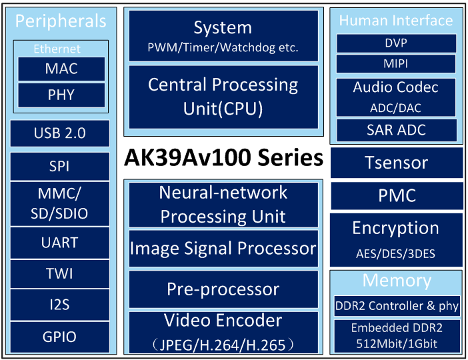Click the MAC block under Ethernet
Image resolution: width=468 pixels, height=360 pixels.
pos(61,69)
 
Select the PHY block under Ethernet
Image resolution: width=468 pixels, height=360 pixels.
pos(61,95)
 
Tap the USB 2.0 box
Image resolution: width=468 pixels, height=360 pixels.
pos(60,133)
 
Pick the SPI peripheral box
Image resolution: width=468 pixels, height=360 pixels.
pos(60,166)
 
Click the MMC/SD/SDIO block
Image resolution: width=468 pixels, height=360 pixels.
pos(60,203)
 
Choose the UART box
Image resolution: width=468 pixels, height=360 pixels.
pos(60,243)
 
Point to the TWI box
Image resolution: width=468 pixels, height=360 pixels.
pos(60,274)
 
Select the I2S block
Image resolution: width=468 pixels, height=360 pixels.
pos(60,305)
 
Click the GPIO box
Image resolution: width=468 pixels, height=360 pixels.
pos(60,337)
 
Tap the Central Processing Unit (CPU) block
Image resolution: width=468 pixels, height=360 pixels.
pos(223,97)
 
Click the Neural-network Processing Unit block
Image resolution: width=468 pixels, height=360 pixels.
pos(223,205)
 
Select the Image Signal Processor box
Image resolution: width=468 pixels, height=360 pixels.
pos(223,249)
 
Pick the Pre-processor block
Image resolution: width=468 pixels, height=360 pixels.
pos(223,289)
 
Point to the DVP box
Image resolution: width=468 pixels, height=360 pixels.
pos(396,43)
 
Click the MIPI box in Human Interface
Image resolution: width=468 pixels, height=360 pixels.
pos(396,63)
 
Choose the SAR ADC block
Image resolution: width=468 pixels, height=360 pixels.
pos(397,130)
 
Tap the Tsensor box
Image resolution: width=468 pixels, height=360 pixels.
pos(397,163)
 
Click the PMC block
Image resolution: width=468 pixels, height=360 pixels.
pos(397,195)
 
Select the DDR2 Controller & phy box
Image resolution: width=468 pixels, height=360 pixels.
pos(397,306)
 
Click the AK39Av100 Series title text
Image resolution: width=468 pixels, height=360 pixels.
pos(223,157)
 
